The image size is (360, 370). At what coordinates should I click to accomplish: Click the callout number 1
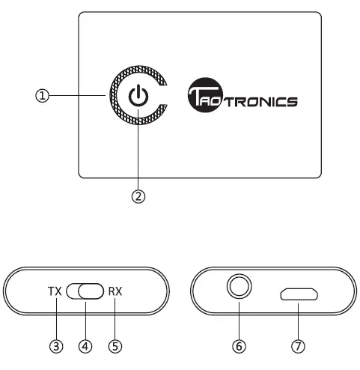(43, 96)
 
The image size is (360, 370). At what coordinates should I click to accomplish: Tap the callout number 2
(138, 196)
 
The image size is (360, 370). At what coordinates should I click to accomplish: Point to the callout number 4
(85, 347)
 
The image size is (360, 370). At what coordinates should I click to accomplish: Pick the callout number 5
(115, 347)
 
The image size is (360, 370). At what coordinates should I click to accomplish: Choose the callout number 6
(239, 347)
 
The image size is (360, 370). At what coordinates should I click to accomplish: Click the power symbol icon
(138, 97)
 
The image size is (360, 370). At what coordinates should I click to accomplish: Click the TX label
(54, 291)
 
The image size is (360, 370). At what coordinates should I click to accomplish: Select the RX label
(115, 291)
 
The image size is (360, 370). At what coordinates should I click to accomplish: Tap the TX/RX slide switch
(85, 291)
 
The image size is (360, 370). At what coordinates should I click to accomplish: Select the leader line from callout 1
(79, 96)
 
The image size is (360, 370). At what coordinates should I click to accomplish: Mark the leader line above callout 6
(239, 322)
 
